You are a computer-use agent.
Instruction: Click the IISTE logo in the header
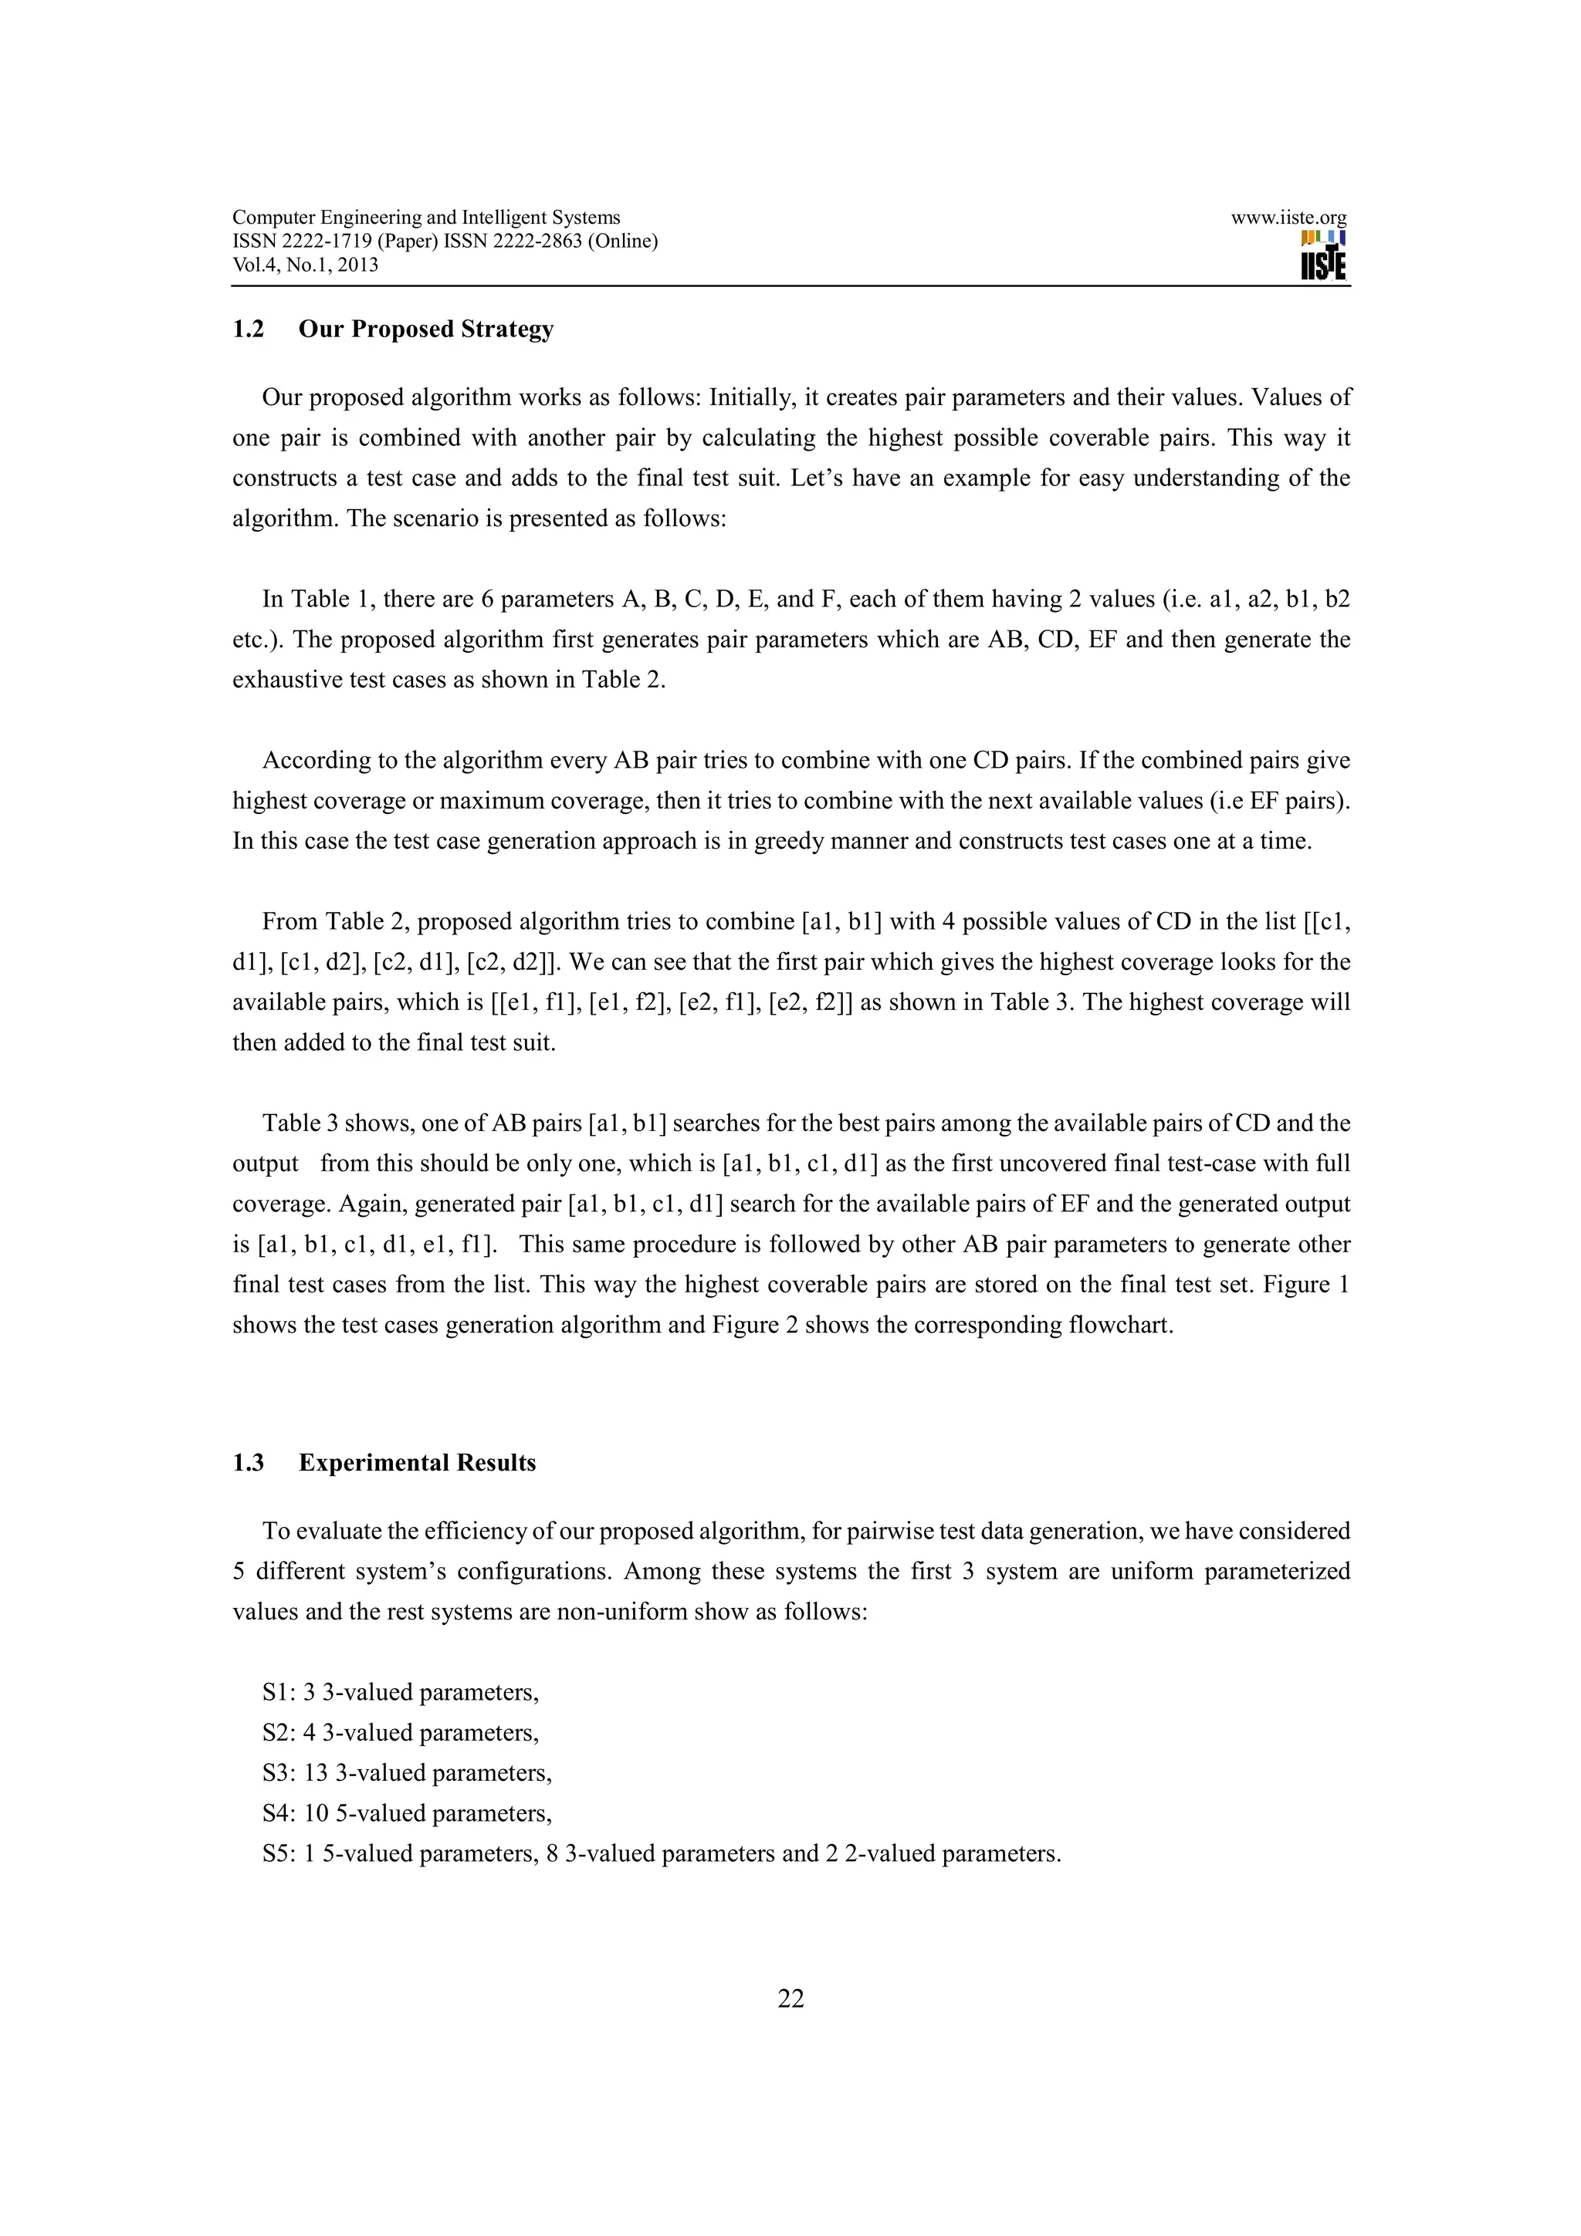[x=1323, y=256]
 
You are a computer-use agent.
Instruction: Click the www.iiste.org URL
[x=1288, y=218]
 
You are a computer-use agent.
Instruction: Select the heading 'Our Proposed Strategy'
[x=425, y=329]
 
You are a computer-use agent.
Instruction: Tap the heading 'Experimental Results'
[x=417, y=1463]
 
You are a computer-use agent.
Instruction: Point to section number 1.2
[x=248, y=329]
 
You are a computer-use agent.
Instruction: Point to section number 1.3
[x=248, y=1463]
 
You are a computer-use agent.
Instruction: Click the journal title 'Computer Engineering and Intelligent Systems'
[x=425, y=218]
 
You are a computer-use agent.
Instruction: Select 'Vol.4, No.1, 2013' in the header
[x=305, y=265]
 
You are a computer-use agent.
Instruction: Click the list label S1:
[x=279, y=1693]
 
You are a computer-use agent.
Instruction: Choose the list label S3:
[x=279, y=1772]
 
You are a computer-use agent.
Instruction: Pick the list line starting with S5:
[x=661, y=1853]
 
